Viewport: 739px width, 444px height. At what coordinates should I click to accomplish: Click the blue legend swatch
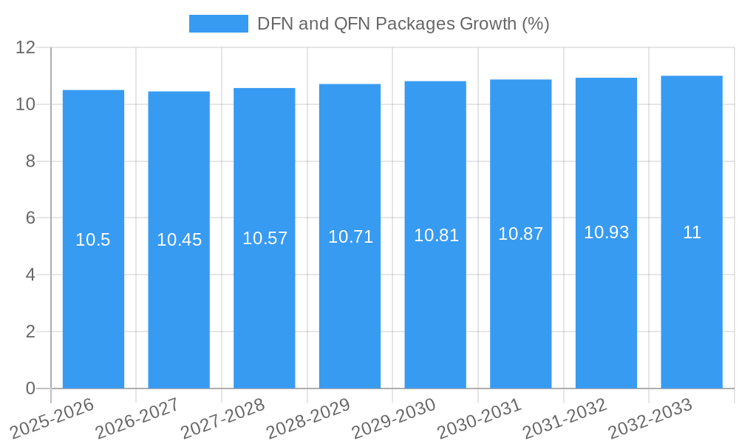click(x=218, y=24)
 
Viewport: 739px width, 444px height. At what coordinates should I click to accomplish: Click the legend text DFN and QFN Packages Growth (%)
click(x=403, y=24)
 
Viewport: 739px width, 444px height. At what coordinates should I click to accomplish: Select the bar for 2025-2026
click(x=93, y=239)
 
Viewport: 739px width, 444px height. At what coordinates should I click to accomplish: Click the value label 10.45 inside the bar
click(x=179, y=240)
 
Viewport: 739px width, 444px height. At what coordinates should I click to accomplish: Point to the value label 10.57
click(x=265, y=238)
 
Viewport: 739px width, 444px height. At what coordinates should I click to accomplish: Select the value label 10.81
click(x=436, y=235)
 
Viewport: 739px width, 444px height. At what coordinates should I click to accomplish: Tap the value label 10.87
click(x=520, y=234)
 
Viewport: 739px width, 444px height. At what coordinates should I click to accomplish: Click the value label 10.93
click(x=606, y=232)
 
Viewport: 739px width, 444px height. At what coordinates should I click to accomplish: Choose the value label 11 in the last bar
click(x=692, y=232)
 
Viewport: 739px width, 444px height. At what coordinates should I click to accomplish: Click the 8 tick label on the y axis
click(x=30, y=161)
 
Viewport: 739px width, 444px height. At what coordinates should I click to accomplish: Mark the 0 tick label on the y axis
click(x=30, y=388)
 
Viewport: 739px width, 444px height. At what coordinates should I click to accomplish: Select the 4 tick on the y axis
click(x=30, y=275)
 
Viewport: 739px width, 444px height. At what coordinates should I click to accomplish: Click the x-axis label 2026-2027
click(x=137, y=418)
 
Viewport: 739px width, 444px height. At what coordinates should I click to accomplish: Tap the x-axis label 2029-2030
click(x=394, y=418)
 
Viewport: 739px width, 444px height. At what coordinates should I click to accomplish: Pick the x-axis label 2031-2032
click(x=565, y=418)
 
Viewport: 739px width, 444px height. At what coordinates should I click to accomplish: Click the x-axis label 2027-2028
click(x=222, y=418)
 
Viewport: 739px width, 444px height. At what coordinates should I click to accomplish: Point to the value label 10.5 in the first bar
click(x=93, y=240)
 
